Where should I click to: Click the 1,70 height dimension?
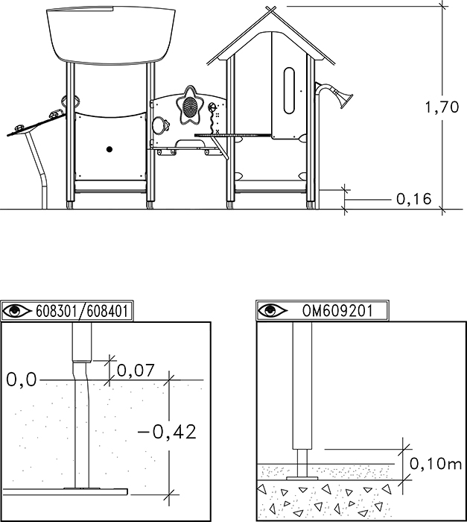(442, 107)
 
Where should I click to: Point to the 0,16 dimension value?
(414, 199)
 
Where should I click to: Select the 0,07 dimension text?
(136, 371)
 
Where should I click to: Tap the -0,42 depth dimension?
(167, 432)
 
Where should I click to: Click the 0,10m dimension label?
(436, 463)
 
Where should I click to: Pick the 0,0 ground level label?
(22, 380)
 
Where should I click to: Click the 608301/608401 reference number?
(82, 311)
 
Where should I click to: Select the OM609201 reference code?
(337, 311)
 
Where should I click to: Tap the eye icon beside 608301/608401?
(16, 311)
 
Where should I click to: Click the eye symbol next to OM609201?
(272, 311)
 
